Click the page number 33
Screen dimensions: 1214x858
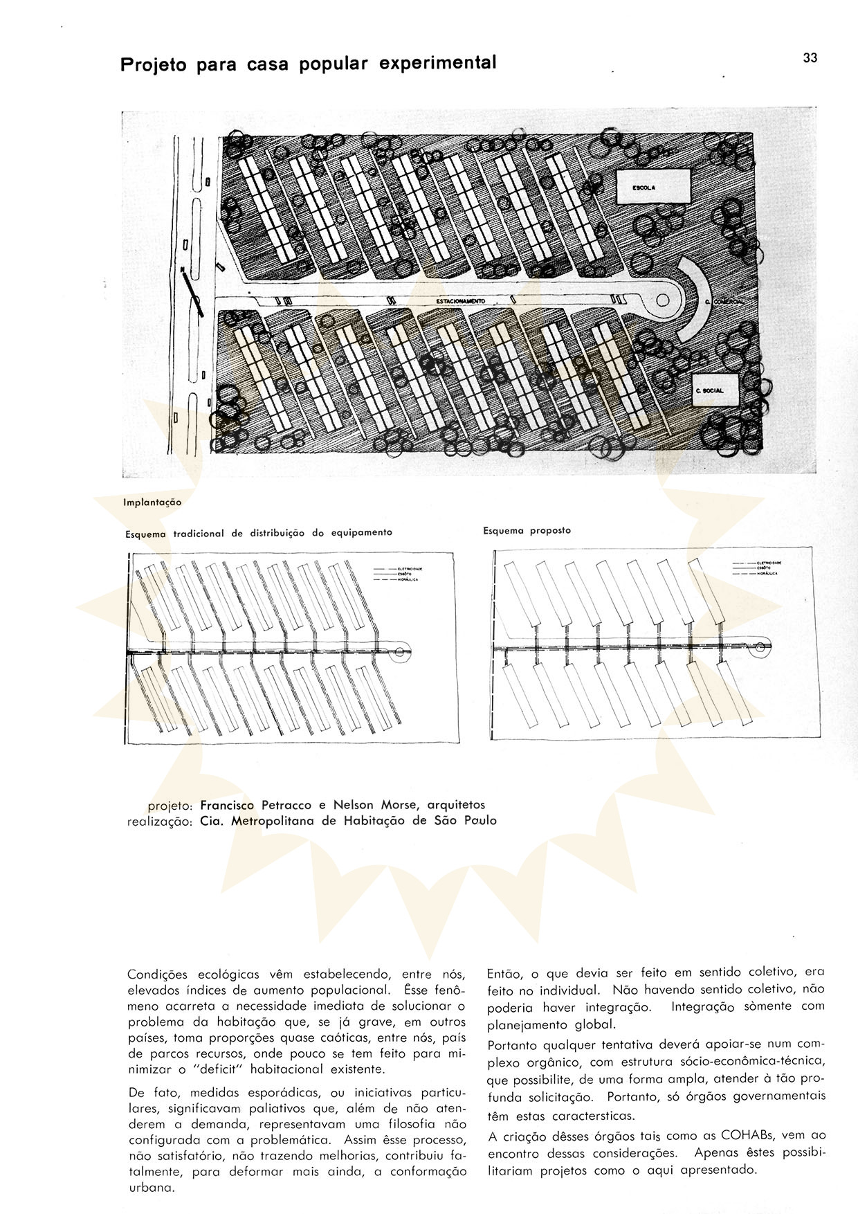tap(810, 58)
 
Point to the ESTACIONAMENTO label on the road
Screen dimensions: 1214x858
tap(461, 302)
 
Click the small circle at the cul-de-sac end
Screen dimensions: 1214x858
tap(662, 300)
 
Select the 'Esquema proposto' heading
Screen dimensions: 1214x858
tap(527, 531)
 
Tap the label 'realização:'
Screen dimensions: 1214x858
tap(159, 822)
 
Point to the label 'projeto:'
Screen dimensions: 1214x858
tap(170, 805)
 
